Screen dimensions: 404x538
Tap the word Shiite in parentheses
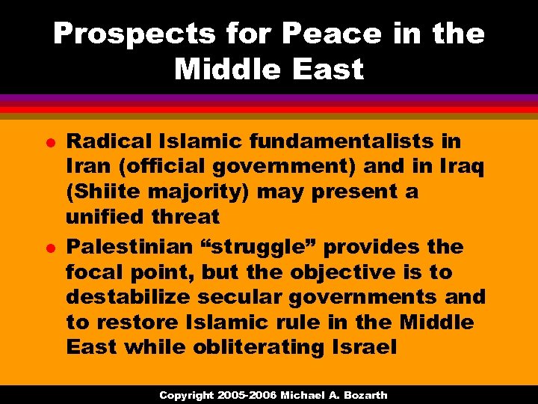click(103, 192)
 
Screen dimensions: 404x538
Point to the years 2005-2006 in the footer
click(248, 395)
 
